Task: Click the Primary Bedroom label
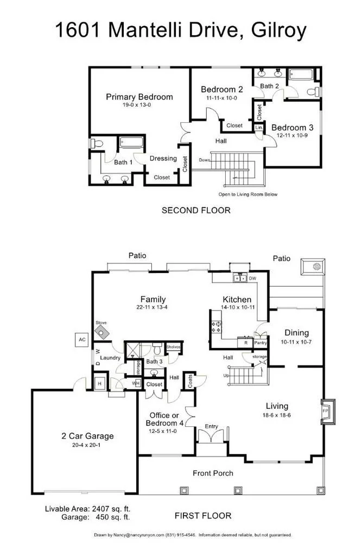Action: (139, 97)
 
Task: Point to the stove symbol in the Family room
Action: (101, 332)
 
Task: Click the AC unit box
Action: (82, 340)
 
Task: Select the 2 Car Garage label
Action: (87, 435)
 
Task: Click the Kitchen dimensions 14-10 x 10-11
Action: (237, 307)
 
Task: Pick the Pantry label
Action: (261, 343)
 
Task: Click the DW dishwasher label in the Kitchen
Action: (252, 279)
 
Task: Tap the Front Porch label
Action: (213, 473)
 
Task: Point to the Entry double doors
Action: (211, 437)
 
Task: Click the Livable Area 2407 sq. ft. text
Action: (87, 509)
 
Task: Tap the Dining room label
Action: (296, 333)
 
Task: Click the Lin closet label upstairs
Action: (259, 127)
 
